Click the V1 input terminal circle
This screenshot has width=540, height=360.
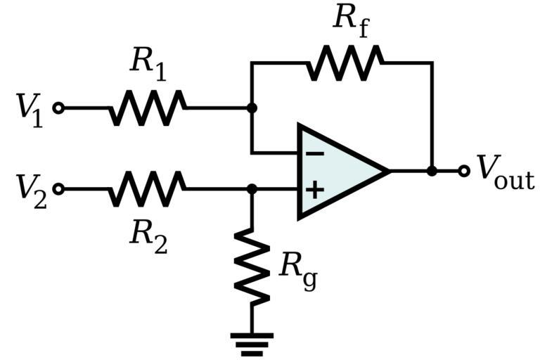(59, 108)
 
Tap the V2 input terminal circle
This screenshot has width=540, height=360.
(59, 189)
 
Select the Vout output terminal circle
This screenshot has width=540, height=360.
(463, 171)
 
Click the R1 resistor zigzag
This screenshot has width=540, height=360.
(148, 108)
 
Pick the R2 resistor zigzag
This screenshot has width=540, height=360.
(148, 189)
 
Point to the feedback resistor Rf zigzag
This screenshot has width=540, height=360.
(345, 63)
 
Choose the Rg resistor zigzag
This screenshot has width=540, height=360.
(252, 266)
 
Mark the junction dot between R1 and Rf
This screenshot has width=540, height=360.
(252, 108)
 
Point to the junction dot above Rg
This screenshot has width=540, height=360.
(252, 189)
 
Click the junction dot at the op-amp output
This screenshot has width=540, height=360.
(432, 171)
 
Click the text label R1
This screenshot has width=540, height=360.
(148, 65)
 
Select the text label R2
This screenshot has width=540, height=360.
(148, 233)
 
